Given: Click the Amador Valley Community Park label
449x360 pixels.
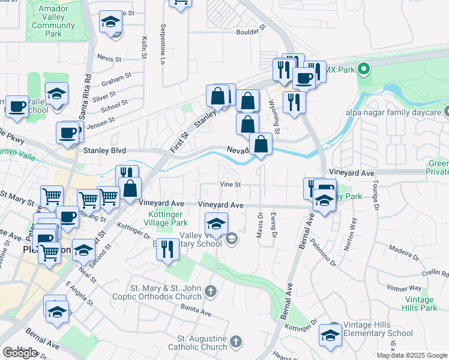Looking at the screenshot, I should coord(53,22).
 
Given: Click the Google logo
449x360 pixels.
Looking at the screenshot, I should coord(20,353).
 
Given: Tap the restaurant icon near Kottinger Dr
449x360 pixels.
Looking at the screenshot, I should coord(168,248).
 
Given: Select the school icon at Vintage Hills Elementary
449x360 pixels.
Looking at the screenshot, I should coord(330,334).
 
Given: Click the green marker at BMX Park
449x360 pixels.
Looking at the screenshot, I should coord(363,69).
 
